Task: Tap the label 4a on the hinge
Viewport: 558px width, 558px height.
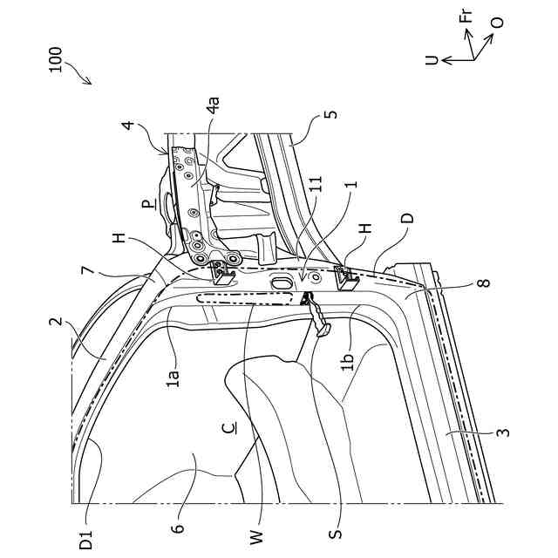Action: click(212, 111)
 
